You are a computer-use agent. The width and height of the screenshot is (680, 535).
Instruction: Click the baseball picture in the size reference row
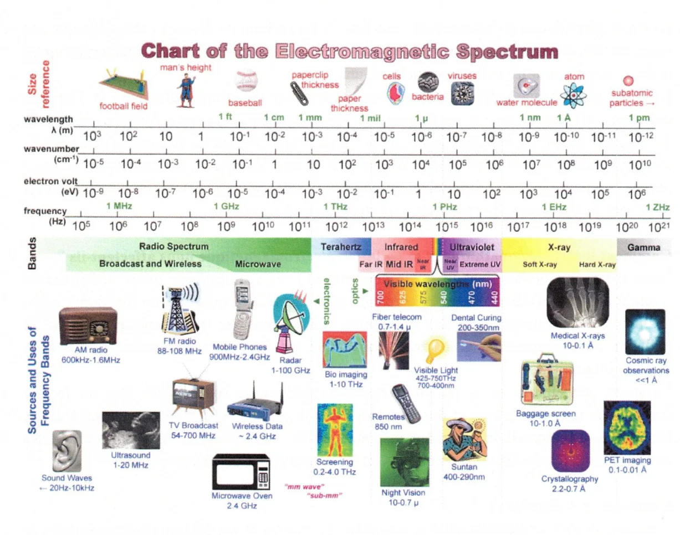(x=246, y=81)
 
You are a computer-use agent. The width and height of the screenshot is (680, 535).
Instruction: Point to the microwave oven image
(x=241, y=472)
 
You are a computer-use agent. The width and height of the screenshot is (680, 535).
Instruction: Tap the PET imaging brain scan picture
(x=627, y=427)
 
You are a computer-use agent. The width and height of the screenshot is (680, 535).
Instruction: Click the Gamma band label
(x=644, y=248)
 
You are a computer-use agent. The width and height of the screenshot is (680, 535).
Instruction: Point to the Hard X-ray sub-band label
(x=597, y=265)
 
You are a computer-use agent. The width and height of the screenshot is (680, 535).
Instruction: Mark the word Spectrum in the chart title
(x=505, y=52)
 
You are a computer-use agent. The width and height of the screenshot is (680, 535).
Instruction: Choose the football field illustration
(x=123, y=84)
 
